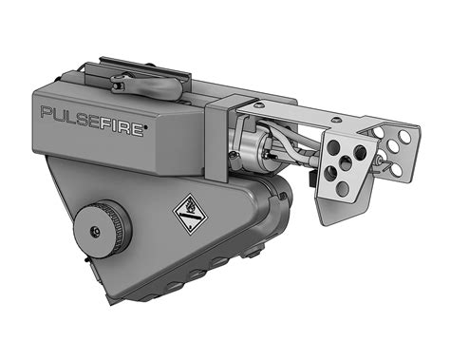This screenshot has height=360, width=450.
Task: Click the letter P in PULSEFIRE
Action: pos(47,112)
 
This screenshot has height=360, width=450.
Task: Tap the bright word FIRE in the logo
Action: pos(122,127)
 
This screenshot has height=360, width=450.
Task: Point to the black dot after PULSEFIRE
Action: pos(146,127)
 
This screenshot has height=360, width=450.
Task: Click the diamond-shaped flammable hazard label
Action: pos(191,212)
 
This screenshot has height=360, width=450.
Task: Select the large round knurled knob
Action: pos(102,226)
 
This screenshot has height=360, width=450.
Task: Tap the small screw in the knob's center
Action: pos(95,231)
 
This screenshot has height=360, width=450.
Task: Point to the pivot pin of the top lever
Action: pos(116,85)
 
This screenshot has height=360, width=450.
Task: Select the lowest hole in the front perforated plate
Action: pos(343,188)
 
